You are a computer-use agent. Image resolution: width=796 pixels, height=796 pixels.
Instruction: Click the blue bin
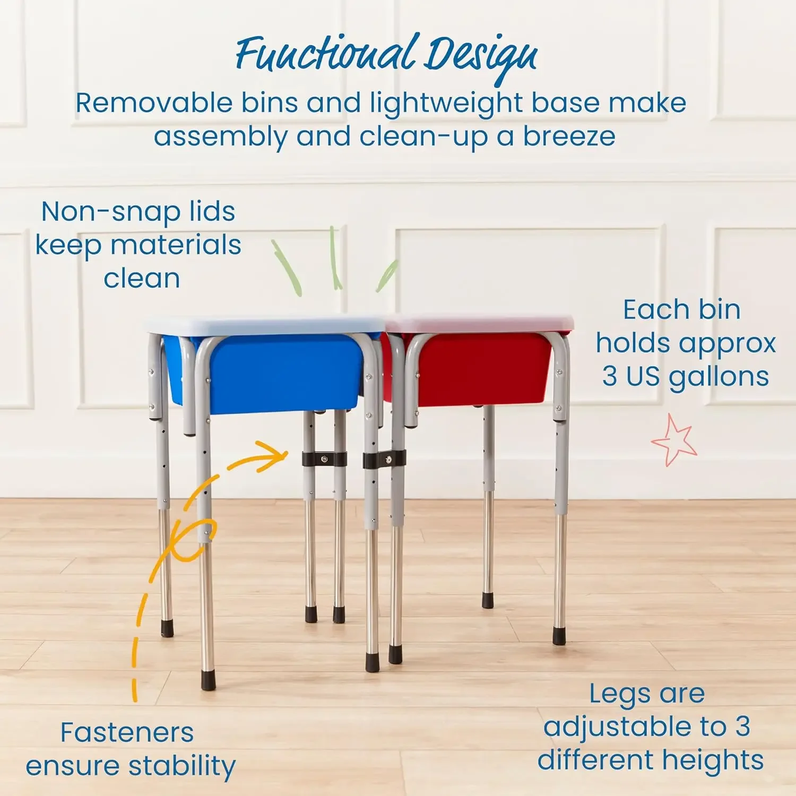[x=281, y=371]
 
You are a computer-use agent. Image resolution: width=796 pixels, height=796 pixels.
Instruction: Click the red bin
[x=483, y=369]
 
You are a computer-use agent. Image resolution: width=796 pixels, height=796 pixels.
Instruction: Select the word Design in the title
[x=480, y=56]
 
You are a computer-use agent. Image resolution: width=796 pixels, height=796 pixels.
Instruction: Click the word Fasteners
[x=127, y=733]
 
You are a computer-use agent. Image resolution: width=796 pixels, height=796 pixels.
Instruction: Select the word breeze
[x=569, y=136]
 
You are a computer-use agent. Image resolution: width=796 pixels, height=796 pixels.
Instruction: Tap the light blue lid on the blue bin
[x=265, y=325]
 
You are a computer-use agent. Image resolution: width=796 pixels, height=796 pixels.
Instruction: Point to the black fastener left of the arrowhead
[x=324, y=458]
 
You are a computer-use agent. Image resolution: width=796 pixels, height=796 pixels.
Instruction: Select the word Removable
[x=154, y=103]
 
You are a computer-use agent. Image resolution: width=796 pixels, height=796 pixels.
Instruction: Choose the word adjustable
[x=635, y=727]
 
